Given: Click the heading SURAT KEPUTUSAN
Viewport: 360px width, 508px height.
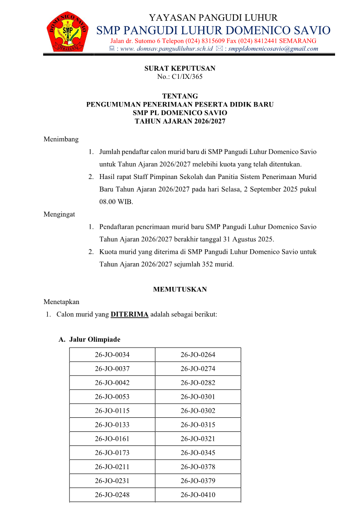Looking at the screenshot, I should point(180,68).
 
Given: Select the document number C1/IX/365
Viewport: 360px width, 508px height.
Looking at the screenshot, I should point(187,77).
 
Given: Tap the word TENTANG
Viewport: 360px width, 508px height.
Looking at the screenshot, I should point(180,96).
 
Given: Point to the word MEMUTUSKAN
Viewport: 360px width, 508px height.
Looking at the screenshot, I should point(180,289).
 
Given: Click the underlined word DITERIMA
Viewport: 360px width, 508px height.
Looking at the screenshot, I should point(130,314).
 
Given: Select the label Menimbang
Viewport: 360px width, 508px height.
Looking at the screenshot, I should point(61,139).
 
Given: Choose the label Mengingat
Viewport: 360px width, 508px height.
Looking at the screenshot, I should point(59,214).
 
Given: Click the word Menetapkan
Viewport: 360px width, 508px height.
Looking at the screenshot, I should point(61,301).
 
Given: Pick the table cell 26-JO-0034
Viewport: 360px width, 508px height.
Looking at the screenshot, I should point(112,355).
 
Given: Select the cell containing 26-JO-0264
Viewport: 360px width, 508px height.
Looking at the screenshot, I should point(198,355).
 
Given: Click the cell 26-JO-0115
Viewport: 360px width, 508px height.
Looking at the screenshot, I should point(112,411).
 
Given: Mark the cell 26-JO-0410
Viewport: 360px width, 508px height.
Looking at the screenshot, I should point(198,494).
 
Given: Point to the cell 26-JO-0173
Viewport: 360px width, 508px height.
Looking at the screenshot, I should point(112,453).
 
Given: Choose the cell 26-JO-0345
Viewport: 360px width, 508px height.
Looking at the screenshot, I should point(198,453).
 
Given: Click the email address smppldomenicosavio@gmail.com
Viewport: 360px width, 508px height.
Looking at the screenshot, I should point(273,48).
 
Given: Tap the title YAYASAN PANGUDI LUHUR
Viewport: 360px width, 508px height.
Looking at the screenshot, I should point(213,18).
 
